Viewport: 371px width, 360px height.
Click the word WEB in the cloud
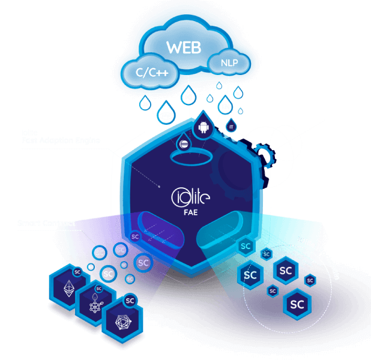point(184,47)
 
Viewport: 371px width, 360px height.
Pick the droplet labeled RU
point(238,94)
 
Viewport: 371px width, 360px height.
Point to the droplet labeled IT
point(231,127)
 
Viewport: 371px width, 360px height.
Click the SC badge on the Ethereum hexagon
point(77,272)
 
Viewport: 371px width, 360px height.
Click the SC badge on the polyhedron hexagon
point(130,301)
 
